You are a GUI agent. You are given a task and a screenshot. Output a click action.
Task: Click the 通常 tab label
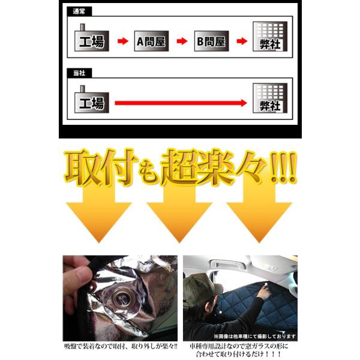click(x=79, y=11)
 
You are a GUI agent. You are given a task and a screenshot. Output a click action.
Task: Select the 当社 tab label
click(x=79, y=73)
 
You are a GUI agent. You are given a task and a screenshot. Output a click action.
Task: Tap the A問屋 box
click(x=152, y=41)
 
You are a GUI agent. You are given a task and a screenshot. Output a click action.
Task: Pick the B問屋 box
click(x=211, y=41)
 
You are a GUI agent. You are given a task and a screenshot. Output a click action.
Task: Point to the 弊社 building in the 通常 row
click(x=270, y=37)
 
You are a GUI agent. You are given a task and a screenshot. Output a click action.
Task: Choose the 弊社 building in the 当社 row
click(x=270, y=98)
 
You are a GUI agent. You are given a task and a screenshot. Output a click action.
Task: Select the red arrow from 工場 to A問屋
click(x=123, y=41)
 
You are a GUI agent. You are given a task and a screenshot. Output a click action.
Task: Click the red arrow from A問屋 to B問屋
click(x=182, y=41)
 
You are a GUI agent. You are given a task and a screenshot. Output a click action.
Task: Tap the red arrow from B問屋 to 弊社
click(x=242, y=41)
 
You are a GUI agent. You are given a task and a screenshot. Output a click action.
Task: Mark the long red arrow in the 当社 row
click(x=181, y=103)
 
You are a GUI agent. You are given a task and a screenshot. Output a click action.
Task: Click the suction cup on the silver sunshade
click(x=122, y=299)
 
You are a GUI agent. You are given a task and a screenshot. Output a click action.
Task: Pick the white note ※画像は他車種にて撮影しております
click(x=255, y=337)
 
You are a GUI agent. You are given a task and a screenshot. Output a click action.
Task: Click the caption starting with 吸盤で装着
click(x=121, y=346)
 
